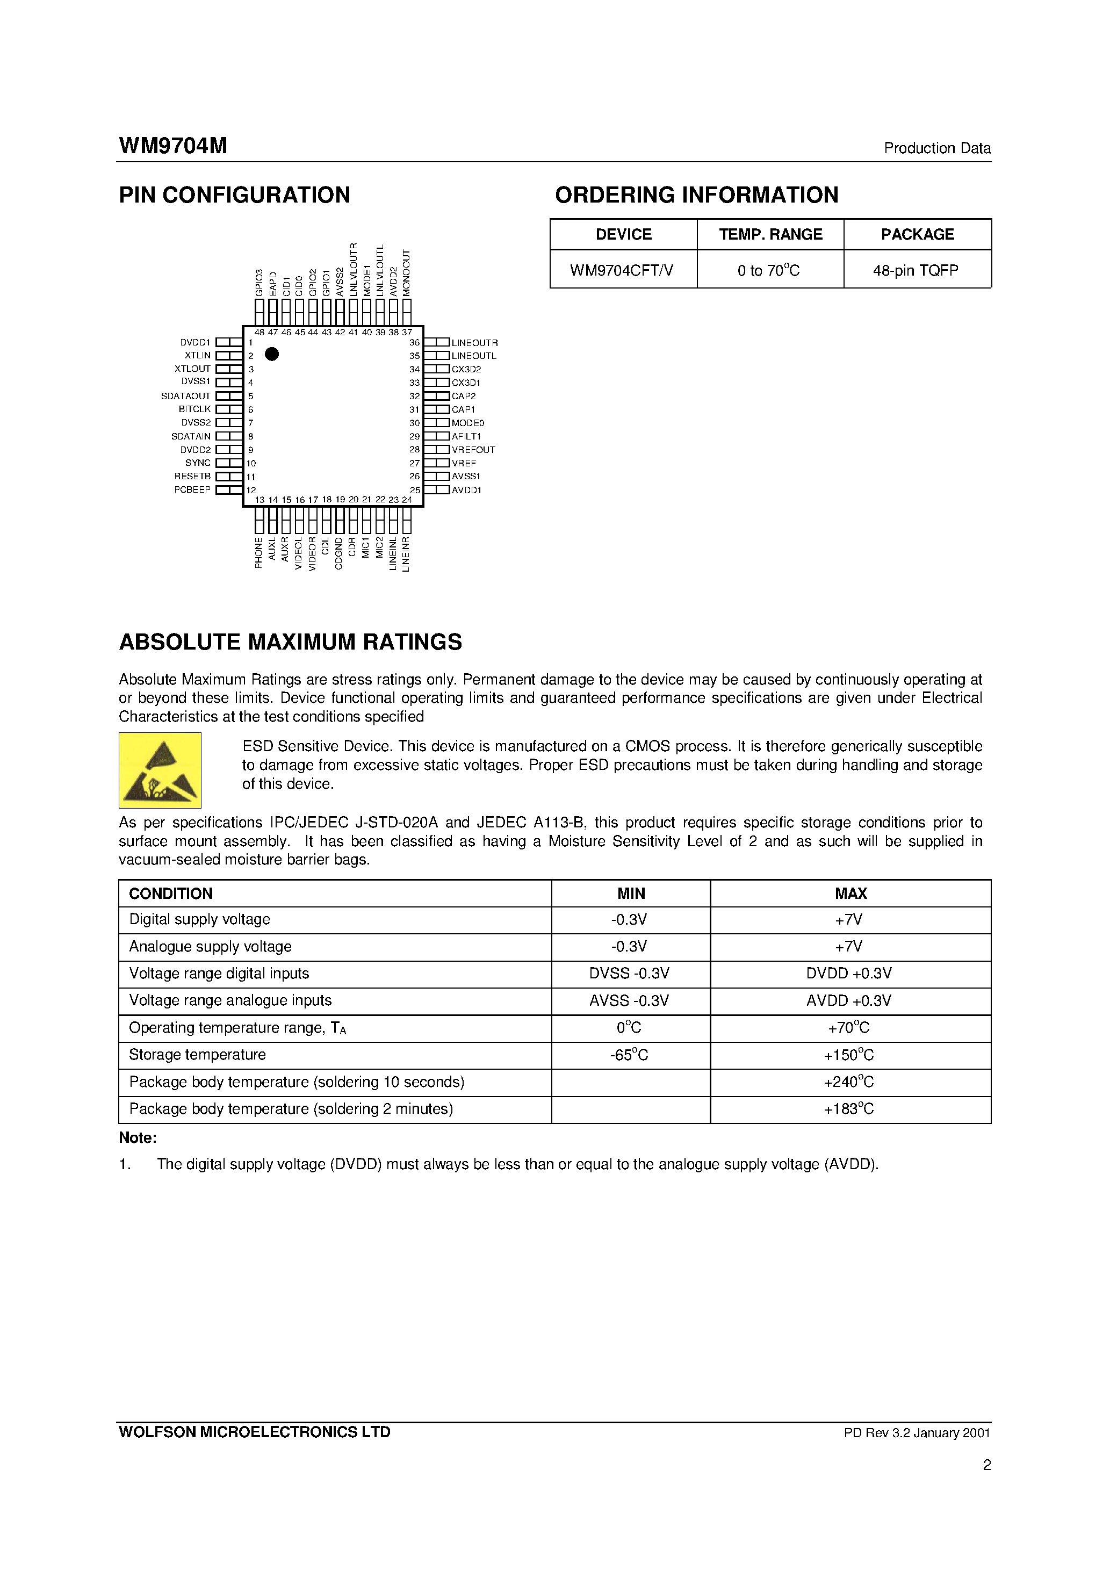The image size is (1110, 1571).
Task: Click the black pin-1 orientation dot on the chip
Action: coord(272,354)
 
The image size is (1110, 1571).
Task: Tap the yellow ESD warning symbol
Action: coord(160,770)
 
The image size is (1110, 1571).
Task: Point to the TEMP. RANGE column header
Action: coord(770,235)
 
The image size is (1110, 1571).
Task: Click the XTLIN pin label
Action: coord(197,356)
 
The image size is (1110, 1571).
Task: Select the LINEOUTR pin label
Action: coord(474,343)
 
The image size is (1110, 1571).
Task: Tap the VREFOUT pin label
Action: coord(473,450)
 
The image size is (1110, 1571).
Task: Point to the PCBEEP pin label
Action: coord(192,490)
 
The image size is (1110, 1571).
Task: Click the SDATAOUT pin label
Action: coord(185,396)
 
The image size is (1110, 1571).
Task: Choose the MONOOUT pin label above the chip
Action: coord(407,273)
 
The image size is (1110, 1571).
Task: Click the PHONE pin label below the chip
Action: coord(258,552)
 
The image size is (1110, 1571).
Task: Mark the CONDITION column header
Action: coord(170,893)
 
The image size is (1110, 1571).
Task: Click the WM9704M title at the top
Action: coord(173,146)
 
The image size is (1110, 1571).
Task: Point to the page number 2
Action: coord(986,1465)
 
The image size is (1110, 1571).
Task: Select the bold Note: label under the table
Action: coord(138,1138)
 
